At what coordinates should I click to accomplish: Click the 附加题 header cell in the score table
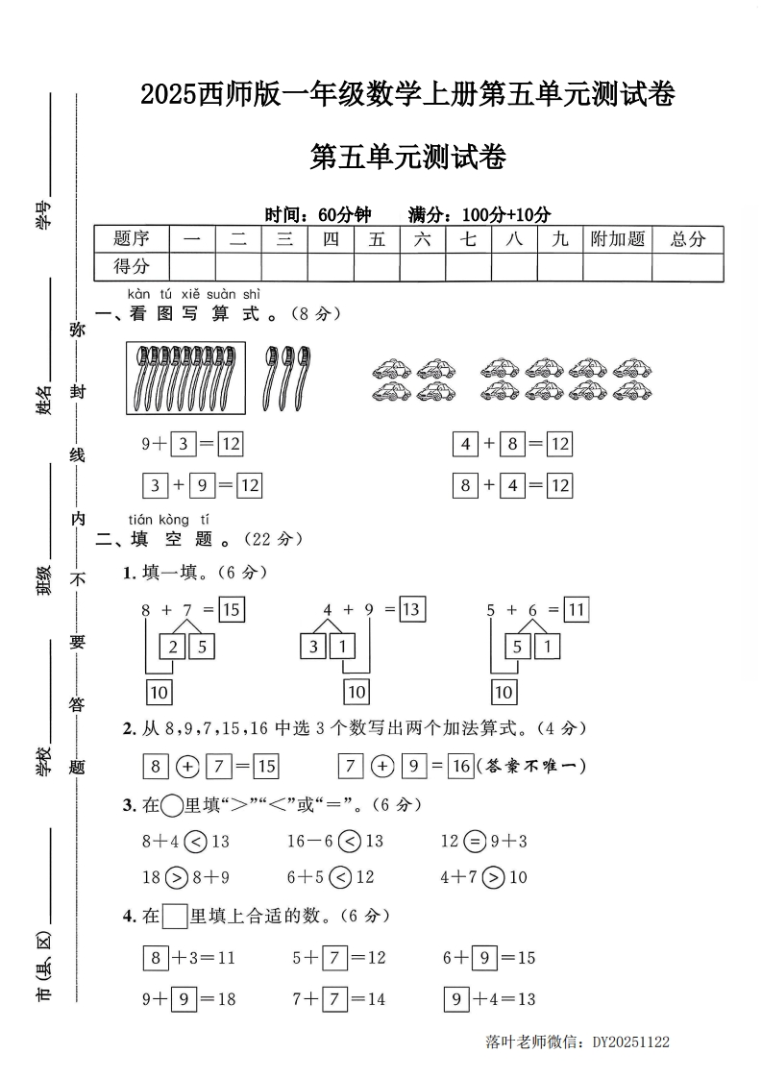pos(617,239)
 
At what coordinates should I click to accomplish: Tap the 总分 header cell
pos(688,239)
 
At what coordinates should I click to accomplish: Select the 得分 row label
pos(132,266)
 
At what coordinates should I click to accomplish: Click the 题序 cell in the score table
pos(132,239)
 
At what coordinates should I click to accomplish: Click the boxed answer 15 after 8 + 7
pos(231,609)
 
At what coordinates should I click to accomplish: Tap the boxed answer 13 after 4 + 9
pos(411,609)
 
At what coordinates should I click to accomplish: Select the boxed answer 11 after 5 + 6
pos(576,609)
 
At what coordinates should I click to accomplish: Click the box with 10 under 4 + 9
pos(356,691)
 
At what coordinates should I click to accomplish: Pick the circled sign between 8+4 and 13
pos(195,842)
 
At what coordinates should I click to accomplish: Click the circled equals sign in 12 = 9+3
pos(475,842)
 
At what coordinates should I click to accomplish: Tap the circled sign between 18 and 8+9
pos(176,877)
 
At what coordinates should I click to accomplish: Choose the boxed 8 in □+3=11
pos(155,958)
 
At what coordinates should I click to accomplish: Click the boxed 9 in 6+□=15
pos(484,958)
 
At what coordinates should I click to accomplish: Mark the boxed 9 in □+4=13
pos(456,999)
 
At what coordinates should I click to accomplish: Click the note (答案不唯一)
pos(531,766)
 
